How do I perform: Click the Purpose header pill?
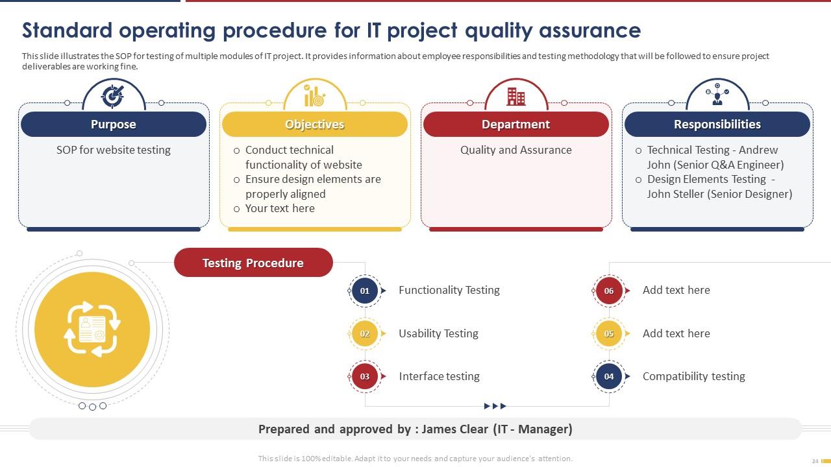point(114,124)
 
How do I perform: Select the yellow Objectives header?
point(315,124)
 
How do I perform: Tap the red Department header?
point(516,124)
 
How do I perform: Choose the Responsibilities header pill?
point(717,124)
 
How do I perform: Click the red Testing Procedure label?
point(253,263)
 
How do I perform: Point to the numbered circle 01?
point(365,291)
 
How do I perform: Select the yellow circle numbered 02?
point(365,333)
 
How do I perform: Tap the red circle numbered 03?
point(365,376)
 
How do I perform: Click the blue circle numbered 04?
point(609,376)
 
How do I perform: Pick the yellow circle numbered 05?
point(609,333)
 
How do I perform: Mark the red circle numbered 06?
point(609,291)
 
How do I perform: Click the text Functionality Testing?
point(449,290)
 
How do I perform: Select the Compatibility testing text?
point(693,376)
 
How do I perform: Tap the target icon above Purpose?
point(113,96)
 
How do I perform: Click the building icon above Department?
point(516,97)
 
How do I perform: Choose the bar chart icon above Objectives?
point(315,97)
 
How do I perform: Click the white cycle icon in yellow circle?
point(92,329)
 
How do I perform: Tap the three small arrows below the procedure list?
point(495,406)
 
